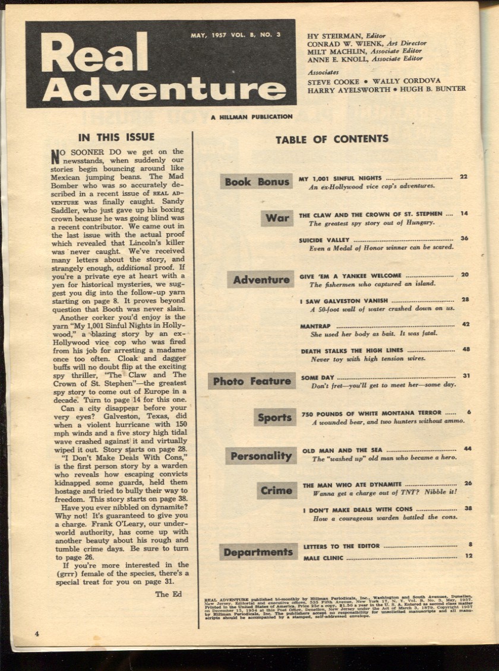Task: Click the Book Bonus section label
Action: [257, 182]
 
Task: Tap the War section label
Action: [277, 218]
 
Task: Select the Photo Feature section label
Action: [252, 381]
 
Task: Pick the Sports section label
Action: [274, 417]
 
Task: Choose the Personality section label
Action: [261, 456]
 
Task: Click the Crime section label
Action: [276, 490]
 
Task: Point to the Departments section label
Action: [258, 552]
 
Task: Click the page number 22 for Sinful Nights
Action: [463, 177]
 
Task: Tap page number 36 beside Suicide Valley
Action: [464, 238]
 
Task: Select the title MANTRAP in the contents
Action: [315, 326]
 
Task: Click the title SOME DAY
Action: [318, 377]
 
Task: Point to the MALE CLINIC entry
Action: [324, 558]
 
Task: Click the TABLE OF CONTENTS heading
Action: [332, 139]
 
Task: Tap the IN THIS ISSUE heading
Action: [116, 137]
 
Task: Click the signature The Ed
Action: [168, 593]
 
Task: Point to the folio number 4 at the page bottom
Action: [37, 634]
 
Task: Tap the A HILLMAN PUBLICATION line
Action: [251, 117]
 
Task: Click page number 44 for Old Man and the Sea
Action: [468, 449]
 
